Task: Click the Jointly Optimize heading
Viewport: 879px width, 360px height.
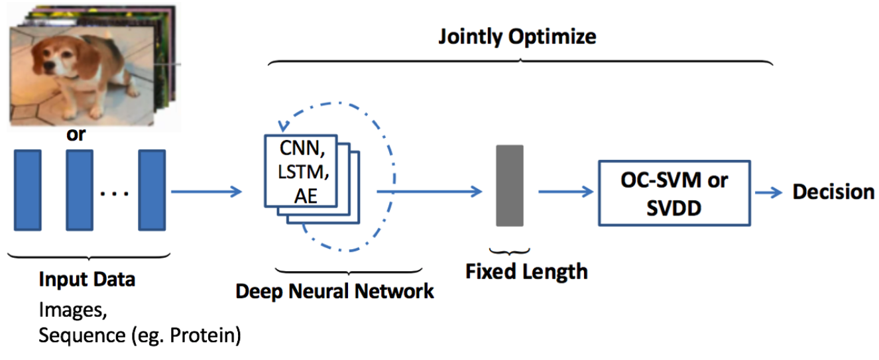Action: pyautogui.click(x=517, y=36)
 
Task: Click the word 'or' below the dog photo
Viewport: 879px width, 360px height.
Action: pyautogui.click(x=76, y=135)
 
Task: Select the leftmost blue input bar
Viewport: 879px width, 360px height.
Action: pyautogui.click(x=27, y=190)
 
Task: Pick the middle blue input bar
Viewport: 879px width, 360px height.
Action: pyautogui.click(x=79, y=190)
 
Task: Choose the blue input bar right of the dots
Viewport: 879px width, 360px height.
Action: pyautogui.click(x=152, y=190)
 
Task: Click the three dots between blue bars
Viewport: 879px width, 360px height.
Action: pyautogui.click(x=115, y=194)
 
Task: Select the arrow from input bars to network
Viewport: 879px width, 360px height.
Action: pyautogui.click(x=205, y=192)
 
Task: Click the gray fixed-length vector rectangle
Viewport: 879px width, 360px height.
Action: pyautogui.click(x=510, y=186)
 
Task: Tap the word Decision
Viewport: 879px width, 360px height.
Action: pyautogui.click(x=833, y=192)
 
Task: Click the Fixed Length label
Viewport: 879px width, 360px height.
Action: pyautogui.click(x=526, y=271)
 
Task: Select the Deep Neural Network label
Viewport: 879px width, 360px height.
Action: pyautogui.click(x=335, y=290)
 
